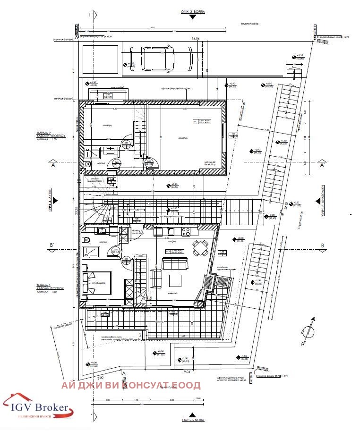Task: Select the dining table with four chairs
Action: coord(200,247)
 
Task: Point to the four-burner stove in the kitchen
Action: coord(186,231)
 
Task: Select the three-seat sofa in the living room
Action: coord(174,263)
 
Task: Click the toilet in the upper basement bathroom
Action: coord(88,164)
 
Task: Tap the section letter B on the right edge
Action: coord(322,245)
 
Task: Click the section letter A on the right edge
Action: coord(322,166)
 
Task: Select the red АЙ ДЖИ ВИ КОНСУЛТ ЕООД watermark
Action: coord(131,385)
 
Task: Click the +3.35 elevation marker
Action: coord(300,56)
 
